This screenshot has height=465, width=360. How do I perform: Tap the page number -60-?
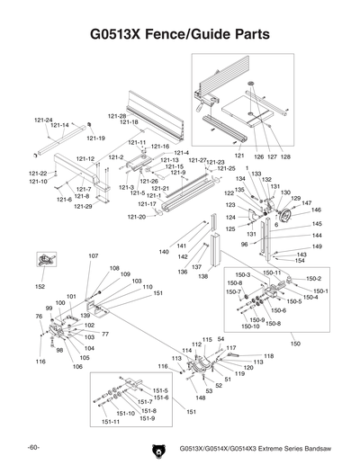(34, 447)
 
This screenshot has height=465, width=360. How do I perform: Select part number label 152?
(40, 286)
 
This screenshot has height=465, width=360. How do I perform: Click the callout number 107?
(93, 256)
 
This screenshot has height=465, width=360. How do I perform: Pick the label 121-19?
(95, 138)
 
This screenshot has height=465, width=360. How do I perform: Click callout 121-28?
(117, 116)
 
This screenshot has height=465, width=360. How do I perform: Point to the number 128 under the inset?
(285, 156)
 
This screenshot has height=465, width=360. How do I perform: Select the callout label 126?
(258, 156)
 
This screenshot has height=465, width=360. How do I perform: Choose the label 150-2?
(313, 278)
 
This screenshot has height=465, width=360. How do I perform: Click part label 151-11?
(110, 421)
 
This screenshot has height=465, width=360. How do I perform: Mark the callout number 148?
(200, 398)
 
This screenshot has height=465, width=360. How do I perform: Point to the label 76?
(39, 316)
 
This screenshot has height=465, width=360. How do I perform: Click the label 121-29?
(83, 207)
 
